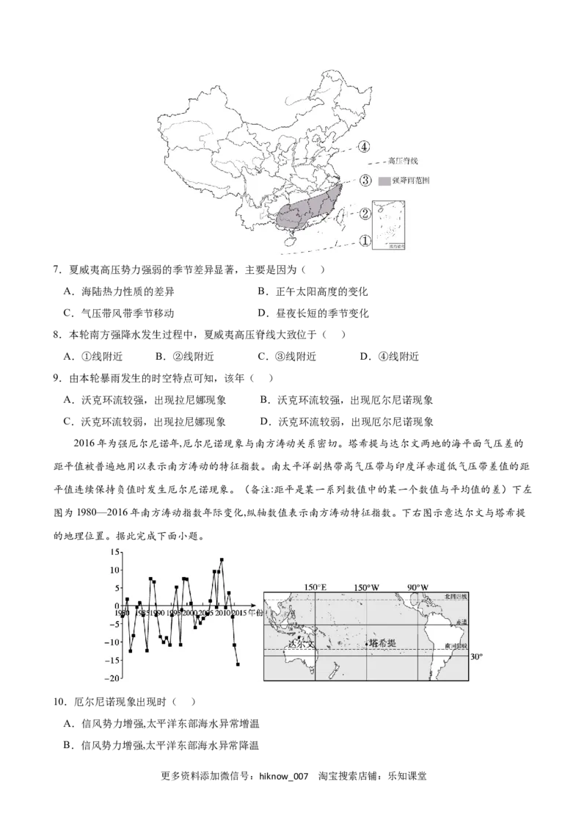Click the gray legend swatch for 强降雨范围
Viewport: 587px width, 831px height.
tap(385, 181)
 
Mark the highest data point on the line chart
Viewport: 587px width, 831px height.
tap(222, 560)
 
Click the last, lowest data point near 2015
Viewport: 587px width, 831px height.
tap(238, 664)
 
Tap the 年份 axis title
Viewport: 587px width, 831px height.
tap(255, 612)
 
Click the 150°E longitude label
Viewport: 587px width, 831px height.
tap(316, 587)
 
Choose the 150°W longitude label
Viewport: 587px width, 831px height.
tap(366, 587)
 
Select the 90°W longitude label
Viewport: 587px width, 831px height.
tap(418, 587)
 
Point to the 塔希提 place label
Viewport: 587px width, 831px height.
tap(382, 642)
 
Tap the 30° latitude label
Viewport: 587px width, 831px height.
tap(476, 656)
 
